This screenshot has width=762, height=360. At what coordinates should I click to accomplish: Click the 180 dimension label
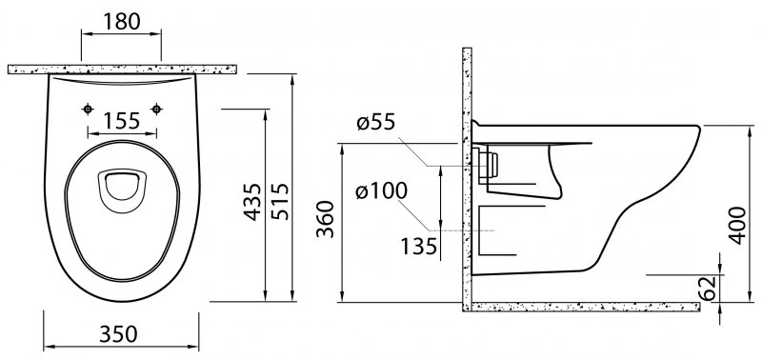point(122,21)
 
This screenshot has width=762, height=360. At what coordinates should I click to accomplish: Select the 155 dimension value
point(122,121)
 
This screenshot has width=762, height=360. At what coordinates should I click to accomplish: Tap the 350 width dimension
point(118,333)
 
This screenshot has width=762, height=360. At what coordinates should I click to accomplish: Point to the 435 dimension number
point(252,202)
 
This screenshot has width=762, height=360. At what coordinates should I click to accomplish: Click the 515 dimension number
point(280,202)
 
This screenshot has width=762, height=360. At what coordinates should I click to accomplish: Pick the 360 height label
point(326,219)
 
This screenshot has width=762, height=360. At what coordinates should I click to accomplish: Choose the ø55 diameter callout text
point(375,123)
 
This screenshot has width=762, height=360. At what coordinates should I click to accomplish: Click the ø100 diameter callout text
point(381,190)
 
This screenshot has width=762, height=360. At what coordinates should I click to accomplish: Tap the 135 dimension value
point(418,247)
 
